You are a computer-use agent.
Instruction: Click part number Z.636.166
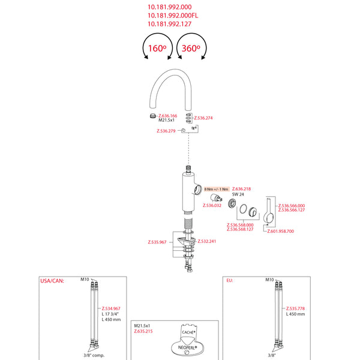point(167,115)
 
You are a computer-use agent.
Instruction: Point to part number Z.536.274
point(204,118)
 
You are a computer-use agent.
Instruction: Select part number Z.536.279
point(166,131)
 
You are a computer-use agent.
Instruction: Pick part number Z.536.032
point(212,206)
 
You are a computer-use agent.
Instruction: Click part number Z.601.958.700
point(281,231)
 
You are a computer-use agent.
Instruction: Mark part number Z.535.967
point(157,242)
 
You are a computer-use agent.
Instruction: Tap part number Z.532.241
point(207,241)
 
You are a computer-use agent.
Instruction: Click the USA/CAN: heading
point(51,280)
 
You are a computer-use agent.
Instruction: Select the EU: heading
point(229,280)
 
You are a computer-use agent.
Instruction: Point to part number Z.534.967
point(111,308)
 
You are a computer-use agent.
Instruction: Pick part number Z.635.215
point(143,331)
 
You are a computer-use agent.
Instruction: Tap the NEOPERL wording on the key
point(187,347)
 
